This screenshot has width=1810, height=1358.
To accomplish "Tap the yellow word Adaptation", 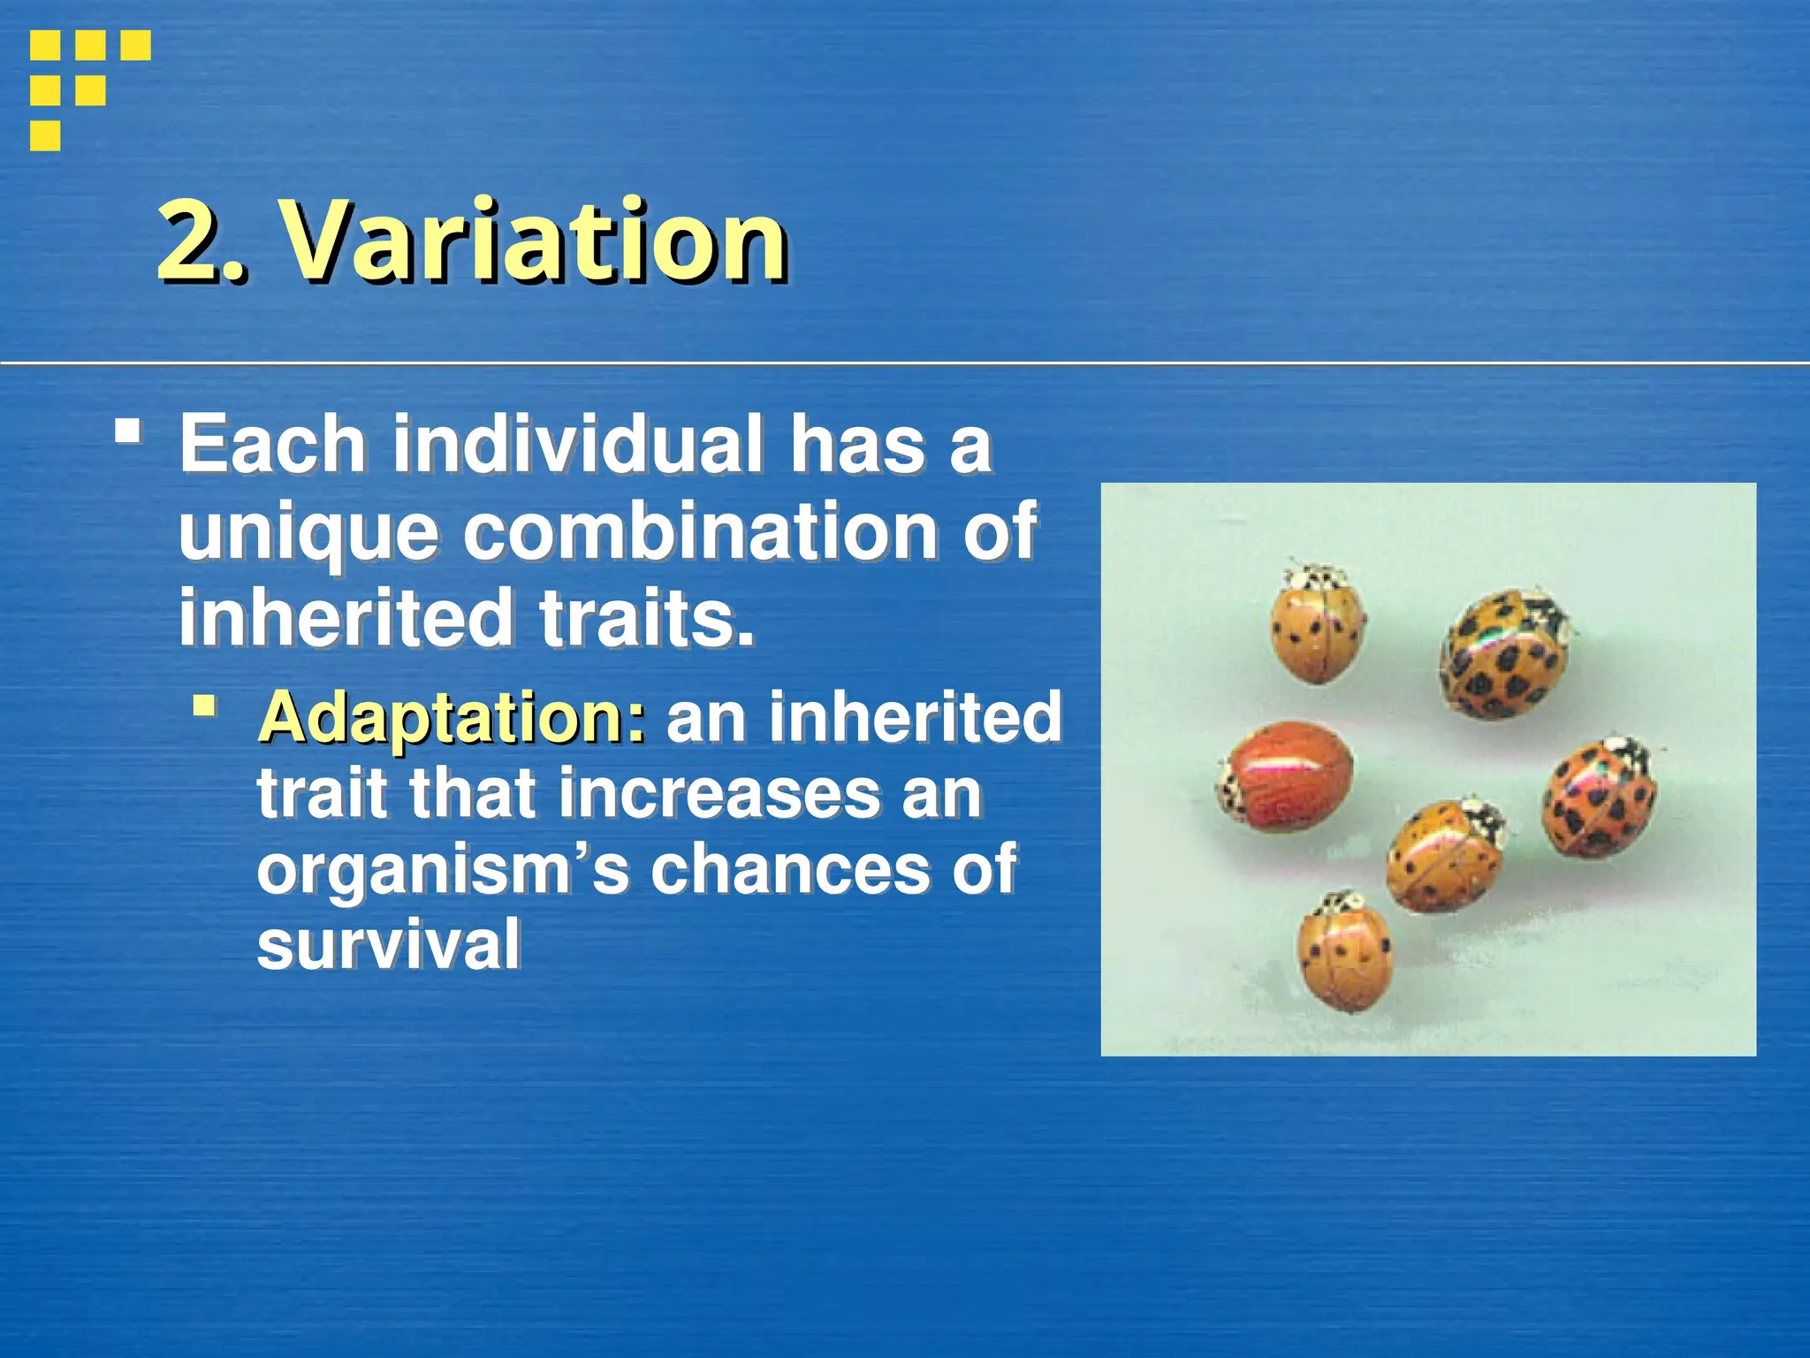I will click(x=451, y=718).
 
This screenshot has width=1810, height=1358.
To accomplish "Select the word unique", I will click(x=308, y=533).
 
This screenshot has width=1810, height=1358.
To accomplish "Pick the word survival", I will click(x=389, y=944).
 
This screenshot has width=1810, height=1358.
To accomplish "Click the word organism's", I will click(x=442, y=870).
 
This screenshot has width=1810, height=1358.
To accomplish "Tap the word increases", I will click(x=719, y=793).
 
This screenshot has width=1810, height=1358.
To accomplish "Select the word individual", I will click(x=578, y=444).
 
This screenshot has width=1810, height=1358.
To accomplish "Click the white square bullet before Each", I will click(x=128, y=431).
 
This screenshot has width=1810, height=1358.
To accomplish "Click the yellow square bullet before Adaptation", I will click(x=205, y=705).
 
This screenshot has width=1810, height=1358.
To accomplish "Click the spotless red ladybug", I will click(x=1286, y=776).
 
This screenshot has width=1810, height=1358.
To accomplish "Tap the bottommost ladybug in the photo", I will click(x=1344, y=953).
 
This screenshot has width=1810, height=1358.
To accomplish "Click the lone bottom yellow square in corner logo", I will click(x=45, y=135).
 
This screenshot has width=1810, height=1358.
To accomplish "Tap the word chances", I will click(x=790, y=870).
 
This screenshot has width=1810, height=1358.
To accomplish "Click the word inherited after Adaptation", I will click(x=915, y=718).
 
